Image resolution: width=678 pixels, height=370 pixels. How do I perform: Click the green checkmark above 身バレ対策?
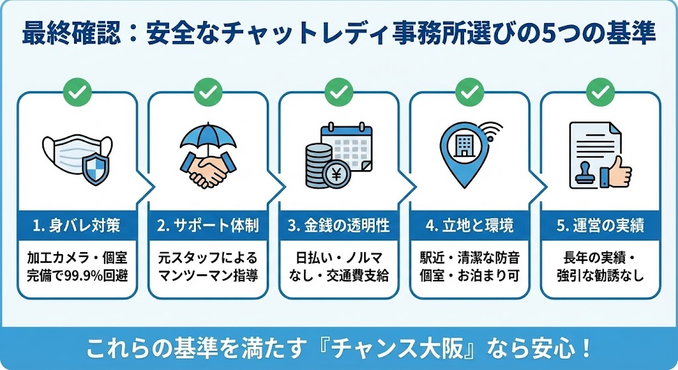click(x=77, y=90)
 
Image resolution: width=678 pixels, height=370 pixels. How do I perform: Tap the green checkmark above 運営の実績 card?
click(x=601, y=90)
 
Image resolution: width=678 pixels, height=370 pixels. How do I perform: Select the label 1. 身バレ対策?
click(x=77, y=225)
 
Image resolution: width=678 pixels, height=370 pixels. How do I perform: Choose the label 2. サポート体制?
click(x=207, y=225)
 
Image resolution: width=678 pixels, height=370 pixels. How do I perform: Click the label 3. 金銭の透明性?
click(x=338, y=225)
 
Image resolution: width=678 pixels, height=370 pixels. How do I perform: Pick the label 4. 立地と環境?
click(x=469, y=225)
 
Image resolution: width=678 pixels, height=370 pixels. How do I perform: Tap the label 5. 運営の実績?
click(x=601, y=225)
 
